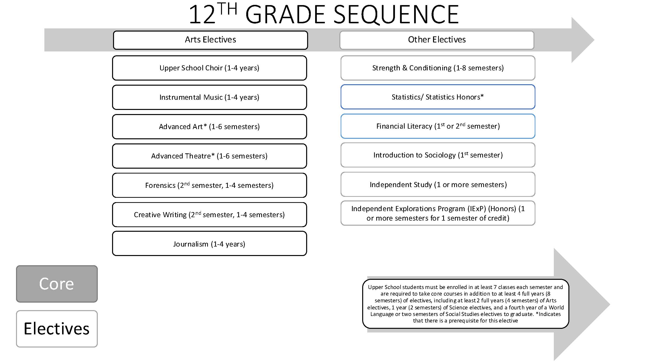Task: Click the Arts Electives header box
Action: point(211,40)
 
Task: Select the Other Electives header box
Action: point(437,40)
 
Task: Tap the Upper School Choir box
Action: point(209,68)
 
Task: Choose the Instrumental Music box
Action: point(209,98)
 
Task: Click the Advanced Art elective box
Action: point(209,127)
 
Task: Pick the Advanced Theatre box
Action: point(209,156)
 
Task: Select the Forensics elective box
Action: point(209,185)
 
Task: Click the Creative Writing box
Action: point(209,215)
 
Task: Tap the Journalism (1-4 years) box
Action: point(209,244)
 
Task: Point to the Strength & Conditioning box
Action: point(438,68)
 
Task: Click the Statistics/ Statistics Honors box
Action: point(438,97)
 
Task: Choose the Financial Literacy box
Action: point(438,126)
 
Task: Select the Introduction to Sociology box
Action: point(438,155)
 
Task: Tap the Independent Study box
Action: point(438,185)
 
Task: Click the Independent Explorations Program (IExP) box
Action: point(438,213)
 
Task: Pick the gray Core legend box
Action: point(57,284)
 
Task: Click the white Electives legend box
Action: point(57,329)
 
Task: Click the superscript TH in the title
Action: point(227,9)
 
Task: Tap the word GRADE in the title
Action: point(286,15)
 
